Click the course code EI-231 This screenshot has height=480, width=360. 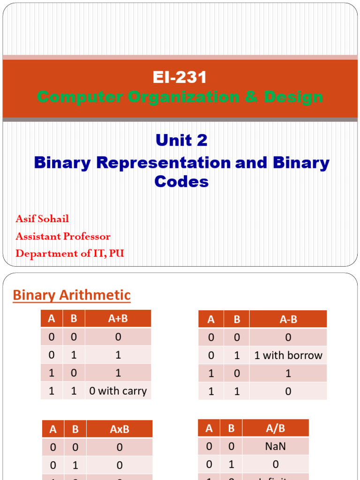(x=180, y=77)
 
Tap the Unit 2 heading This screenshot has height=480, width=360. (x=181, y=140)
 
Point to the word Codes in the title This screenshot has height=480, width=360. (x=181, y=181)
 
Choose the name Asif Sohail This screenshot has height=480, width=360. (x=42, y=219)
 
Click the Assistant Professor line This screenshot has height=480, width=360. (x=63, y=236)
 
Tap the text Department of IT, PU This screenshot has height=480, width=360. (x=70, y=254)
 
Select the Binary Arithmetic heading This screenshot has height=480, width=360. (x=72, y=295)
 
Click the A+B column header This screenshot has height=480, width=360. (x=118, y=319)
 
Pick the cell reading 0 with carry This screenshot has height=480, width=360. (x=118, y=391)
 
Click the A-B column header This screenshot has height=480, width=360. (x=288, y=319)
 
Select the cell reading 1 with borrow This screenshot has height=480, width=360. (x=288, y=355)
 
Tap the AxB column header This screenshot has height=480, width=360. (x=119, y=429)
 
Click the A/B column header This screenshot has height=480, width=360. (x=275, y=428)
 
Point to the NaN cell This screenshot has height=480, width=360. (x=275, y=446)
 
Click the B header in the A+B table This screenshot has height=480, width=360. (x=74, y=319)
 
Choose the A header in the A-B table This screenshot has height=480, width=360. (x=211, y=319)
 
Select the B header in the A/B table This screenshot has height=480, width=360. (x=231, y=428)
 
